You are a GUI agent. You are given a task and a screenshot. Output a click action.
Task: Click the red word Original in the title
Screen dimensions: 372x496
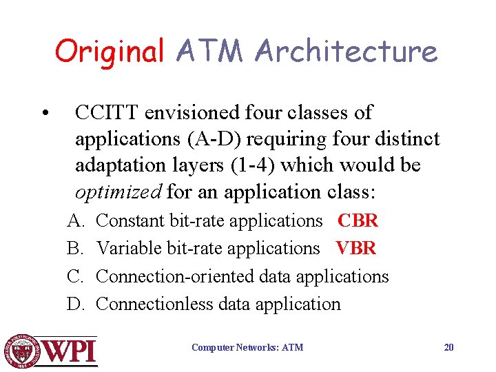click(x=110, y=52)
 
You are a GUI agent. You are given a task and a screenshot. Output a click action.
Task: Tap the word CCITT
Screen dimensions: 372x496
click(x=103, y=112)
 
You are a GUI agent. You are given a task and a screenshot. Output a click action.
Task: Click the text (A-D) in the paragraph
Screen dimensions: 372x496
click(x=213, y=138)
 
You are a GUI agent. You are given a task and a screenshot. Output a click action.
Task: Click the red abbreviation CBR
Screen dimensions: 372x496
click(x=358, y=221)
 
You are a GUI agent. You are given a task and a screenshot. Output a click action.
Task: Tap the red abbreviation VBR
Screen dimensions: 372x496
click(x=356, y=248)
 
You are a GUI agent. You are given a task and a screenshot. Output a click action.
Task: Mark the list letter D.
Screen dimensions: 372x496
click(x=74, y=304)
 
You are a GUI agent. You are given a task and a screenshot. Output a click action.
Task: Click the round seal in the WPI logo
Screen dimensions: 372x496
click(x=23, y=351)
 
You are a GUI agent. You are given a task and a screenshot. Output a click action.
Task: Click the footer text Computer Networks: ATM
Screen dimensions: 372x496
click(x=247, y=348)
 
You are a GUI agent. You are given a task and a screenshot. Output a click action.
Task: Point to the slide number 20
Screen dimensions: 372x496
click(x=448, y=347)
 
